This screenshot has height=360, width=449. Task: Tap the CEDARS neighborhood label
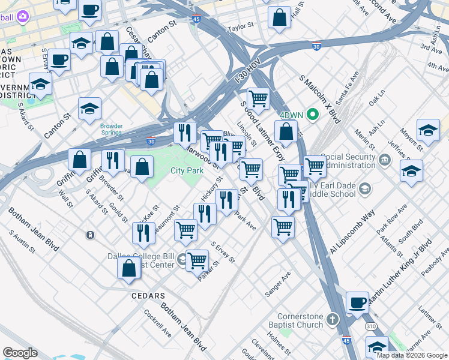coord(148,296)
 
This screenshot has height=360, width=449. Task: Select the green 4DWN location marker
coord(312,113)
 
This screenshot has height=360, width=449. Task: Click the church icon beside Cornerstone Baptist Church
coord(334,318)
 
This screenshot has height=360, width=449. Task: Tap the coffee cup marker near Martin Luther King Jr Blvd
coord(358,302)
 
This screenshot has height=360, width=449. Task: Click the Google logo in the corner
coord(20,353)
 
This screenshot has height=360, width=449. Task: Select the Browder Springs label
coord(111,130)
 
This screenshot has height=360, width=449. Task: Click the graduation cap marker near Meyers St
coord(428,130)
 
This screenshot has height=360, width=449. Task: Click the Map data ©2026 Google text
coord(411,355)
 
